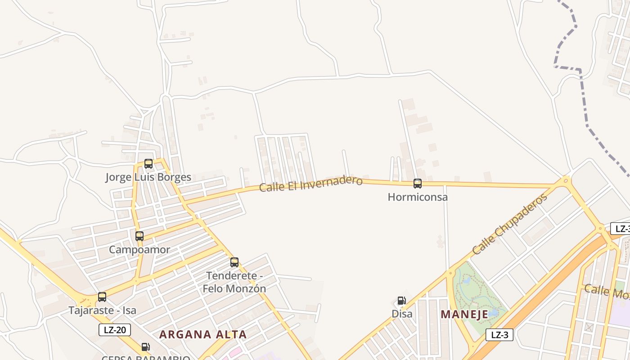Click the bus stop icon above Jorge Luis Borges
[148, 164]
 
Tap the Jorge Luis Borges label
[148, 177]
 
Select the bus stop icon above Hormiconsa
[418, 184]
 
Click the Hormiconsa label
[418, 197]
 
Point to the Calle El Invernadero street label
[311, 184]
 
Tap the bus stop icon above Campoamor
[139, 236]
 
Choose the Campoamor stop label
[139, 250]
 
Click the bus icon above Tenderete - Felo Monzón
[234, 262]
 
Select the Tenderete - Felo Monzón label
[234, 282]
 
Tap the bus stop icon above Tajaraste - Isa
[102, 297]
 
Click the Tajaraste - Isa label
[102, 310]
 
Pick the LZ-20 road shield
[115, 330]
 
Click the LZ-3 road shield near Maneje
[499, 335]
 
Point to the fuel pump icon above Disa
[401, 301]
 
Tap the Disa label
[402, 314]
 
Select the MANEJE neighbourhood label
[464, 315]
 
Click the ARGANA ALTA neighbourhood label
[203, 335]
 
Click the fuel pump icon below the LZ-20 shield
[145, 347]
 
